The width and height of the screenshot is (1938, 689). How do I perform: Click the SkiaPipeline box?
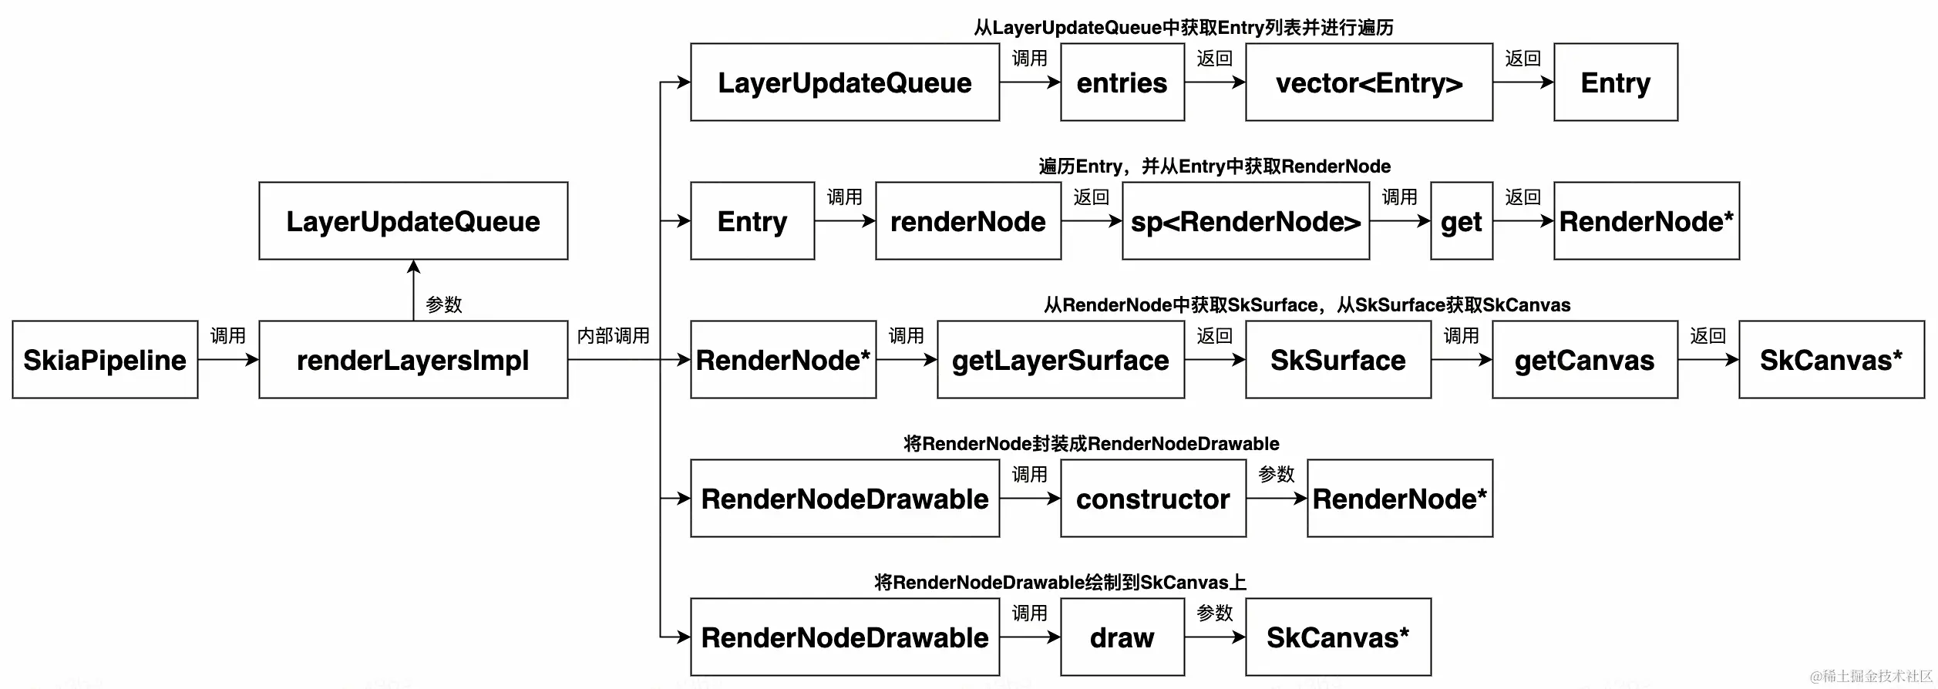tap(105, 360)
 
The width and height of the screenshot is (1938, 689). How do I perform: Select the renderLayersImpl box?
tap(413, 360)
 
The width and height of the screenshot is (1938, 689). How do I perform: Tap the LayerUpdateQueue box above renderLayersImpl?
tap(413, 221)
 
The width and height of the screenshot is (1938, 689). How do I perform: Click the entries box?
tap(1122, 82)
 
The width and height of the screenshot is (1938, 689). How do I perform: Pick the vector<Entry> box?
tap(1368, 82)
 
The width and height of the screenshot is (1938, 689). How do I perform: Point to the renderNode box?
tap(967, 221)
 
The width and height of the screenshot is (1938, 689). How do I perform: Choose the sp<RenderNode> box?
tap(1245, 221)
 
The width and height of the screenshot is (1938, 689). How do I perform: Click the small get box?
tap(1461, 221)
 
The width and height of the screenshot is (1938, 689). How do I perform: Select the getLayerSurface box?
tap(1060, 360)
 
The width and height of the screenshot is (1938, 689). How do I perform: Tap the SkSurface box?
tap(1337, 360)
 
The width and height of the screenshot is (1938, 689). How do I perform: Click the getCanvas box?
tap(1584, 360)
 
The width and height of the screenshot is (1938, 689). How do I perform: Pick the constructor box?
tap(1152, 499)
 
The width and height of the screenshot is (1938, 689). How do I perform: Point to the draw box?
tap(1122, 637)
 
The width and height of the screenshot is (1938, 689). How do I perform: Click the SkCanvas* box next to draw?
tap(1337, 637)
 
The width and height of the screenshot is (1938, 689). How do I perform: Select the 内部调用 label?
tap(613, 336)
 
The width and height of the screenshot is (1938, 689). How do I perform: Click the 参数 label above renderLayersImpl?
tap(444, 304)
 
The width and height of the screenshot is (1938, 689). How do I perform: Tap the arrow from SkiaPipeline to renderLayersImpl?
tap(228, 360)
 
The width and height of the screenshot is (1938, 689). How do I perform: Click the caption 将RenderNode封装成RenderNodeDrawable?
tap(1091, 444)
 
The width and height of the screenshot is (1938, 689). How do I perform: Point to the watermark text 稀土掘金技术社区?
tap(1872, 676)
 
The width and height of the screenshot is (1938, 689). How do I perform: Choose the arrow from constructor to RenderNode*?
tap(1276, 499)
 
